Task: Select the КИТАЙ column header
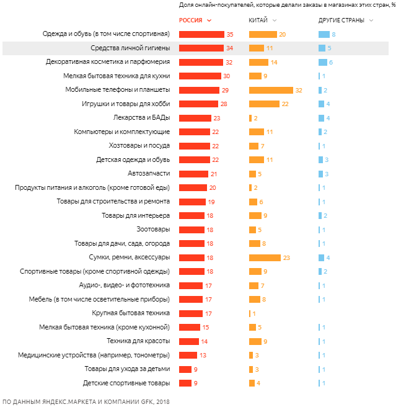pyautogui.click(x=258, y=20)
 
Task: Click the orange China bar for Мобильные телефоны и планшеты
pyautogui.click(x=271, y=90)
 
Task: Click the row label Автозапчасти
pyautogui.click(x=149, y=174)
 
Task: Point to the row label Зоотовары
pyautogui.click(x=153, y=230)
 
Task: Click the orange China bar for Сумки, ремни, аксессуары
pyautogui.click(x=265, y=257)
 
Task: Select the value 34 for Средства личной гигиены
pyautogui.click(x=229, y=48)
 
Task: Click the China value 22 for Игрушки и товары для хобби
pyautogui.click(x=285, y=104)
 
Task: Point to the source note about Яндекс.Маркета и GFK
pyautogui.click(x=86, y=402)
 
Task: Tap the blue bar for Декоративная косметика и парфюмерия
pyautogui.click(x=322, y=62)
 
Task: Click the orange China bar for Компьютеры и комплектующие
pyautogui.click(x=256, y=132)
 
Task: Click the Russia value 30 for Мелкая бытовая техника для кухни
pyautogui.click(x=227, y=76)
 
